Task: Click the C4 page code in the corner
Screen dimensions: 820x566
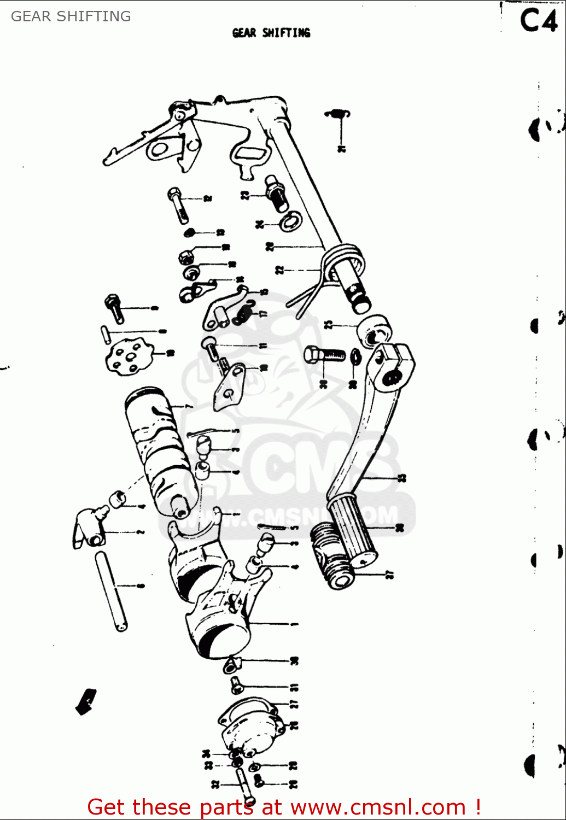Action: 538,21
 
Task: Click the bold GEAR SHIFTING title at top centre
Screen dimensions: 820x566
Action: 271,33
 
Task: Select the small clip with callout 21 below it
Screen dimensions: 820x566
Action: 337,114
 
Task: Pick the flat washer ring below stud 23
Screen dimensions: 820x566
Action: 290,221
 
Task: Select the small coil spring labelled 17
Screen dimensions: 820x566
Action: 243,313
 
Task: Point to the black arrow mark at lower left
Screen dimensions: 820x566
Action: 86,701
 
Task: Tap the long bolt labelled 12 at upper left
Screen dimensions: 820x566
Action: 178,204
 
